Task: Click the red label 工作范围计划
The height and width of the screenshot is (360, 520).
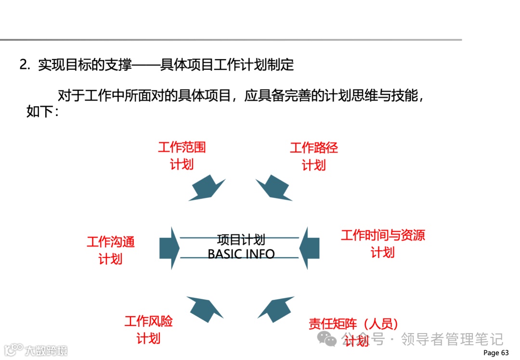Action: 182,155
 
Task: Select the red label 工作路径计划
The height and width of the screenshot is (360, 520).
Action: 313,156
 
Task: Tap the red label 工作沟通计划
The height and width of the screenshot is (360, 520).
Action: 110,250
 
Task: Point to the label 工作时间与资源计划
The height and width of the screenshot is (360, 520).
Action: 383,244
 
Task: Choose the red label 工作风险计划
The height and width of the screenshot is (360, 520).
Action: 148,330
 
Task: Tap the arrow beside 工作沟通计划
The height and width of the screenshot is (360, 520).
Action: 169,248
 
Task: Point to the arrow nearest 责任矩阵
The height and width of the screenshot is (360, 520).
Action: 276,309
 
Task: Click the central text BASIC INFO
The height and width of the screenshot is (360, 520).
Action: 241,254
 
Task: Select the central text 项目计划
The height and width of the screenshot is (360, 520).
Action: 241,240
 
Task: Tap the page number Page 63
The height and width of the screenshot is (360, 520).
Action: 495,353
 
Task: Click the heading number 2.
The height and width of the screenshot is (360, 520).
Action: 25,65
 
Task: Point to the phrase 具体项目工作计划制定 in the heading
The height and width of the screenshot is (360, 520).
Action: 227,65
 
